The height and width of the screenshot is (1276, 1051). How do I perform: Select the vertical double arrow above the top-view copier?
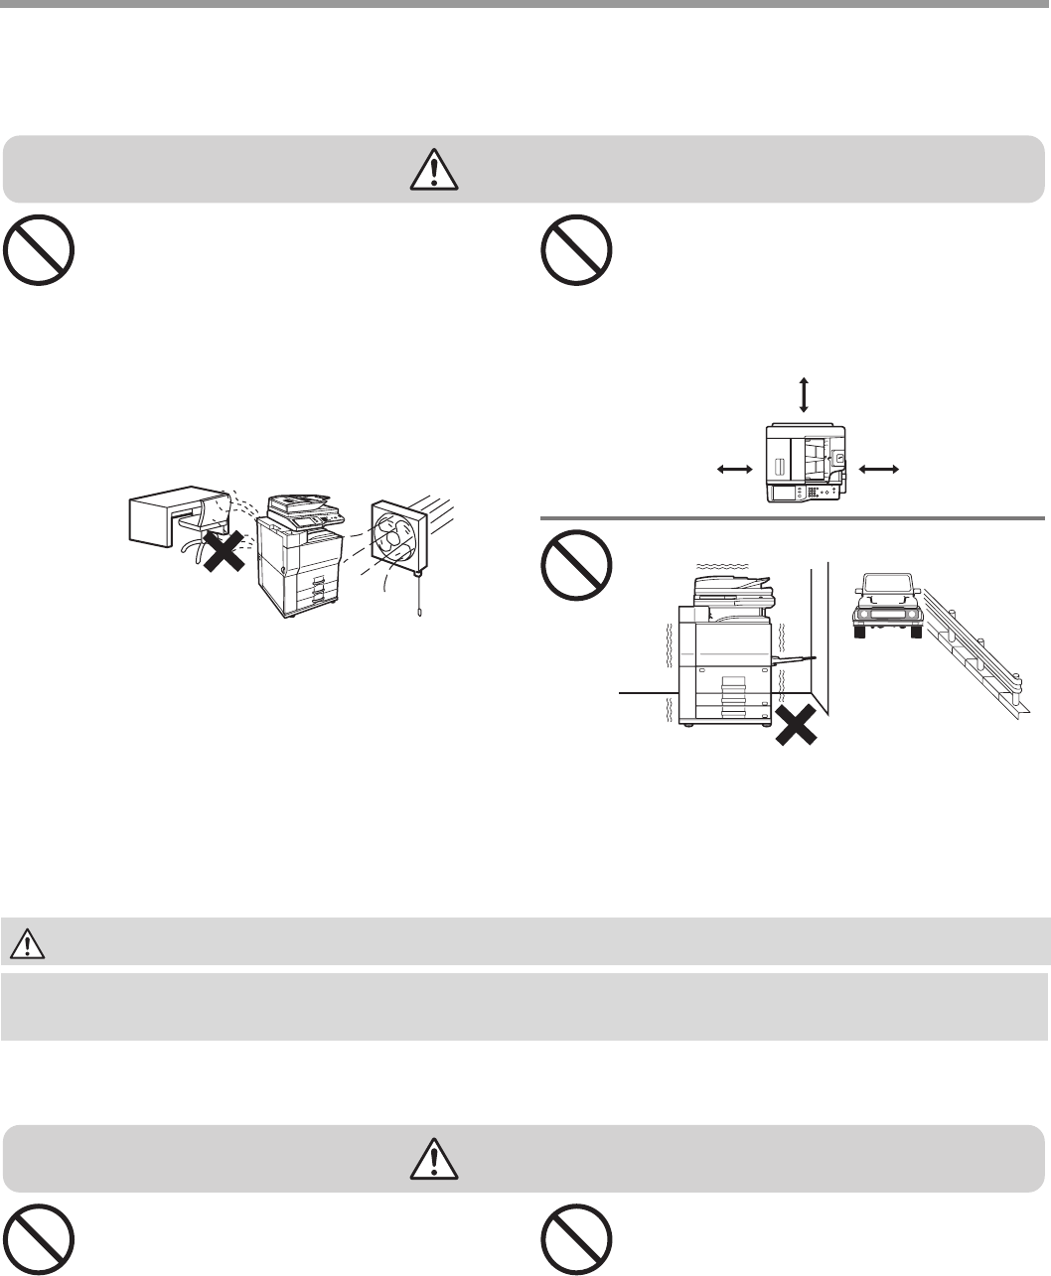click(804, 394)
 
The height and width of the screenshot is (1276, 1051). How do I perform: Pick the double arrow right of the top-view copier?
click(877, 467)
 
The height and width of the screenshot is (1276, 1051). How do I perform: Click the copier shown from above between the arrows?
click(806, 464)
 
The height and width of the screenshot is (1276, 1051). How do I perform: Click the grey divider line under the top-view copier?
click(792, 517)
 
